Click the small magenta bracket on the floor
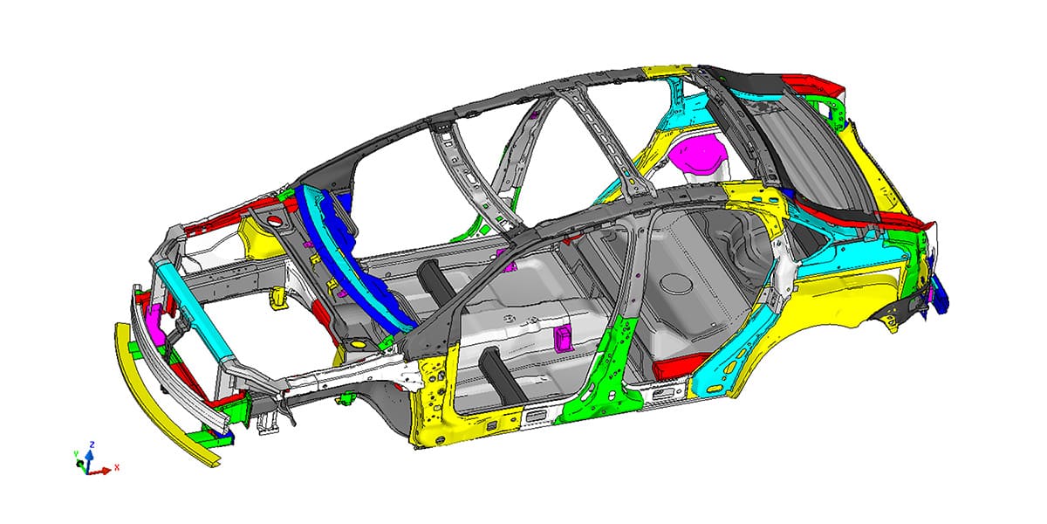tap(563, 338)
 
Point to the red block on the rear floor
tap(680, 365)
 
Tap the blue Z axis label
tap(92, 445)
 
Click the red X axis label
tap(117, 467)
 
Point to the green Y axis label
tap(76, 453)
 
